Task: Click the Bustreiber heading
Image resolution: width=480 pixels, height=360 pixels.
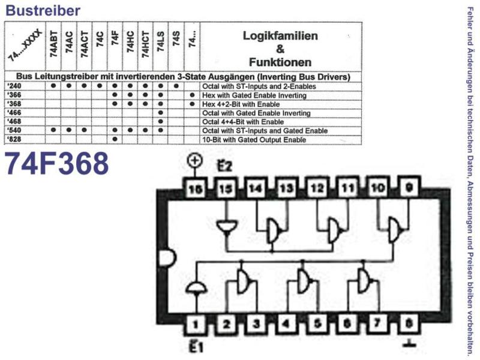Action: pos(43,10)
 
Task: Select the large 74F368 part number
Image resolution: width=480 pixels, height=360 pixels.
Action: pos(56,164)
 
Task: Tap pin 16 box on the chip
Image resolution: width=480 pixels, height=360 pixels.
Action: pos(196,188)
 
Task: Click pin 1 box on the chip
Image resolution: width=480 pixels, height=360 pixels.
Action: pos(196,323)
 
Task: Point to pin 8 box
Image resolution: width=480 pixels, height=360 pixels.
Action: pos(409,323)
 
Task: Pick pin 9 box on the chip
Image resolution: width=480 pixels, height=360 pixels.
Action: pos(409,187)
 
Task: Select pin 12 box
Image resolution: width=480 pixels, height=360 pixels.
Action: pos(317,188)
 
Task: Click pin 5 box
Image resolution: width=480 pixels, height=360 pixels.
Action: pos(317,323)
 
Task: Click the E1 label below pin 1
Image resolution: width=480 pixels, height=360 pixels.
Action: pos(194,347)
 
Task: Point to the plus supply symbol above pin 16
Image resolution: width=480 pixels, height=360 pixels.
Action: pos(195,161)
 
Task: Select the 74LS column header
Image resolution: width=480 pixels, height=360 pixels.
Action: pos(160,43)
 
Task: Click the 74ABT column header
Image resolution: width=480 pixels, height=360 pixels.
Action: pos(53,44)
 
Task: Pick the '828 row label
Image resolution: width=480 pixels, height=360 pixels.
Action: pos(14,140)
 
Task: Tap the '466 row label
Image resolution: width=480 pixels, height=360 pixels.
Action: pos(14,113)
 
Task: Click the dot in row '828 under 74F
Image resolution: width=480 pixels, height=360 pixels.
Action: pos(115,139)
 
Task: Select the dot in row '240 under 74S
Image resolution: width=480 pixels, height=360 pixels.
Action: pos(176,86)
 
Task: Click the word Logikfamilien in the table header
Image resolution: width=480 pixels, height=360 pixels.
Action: pos(280,36)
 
